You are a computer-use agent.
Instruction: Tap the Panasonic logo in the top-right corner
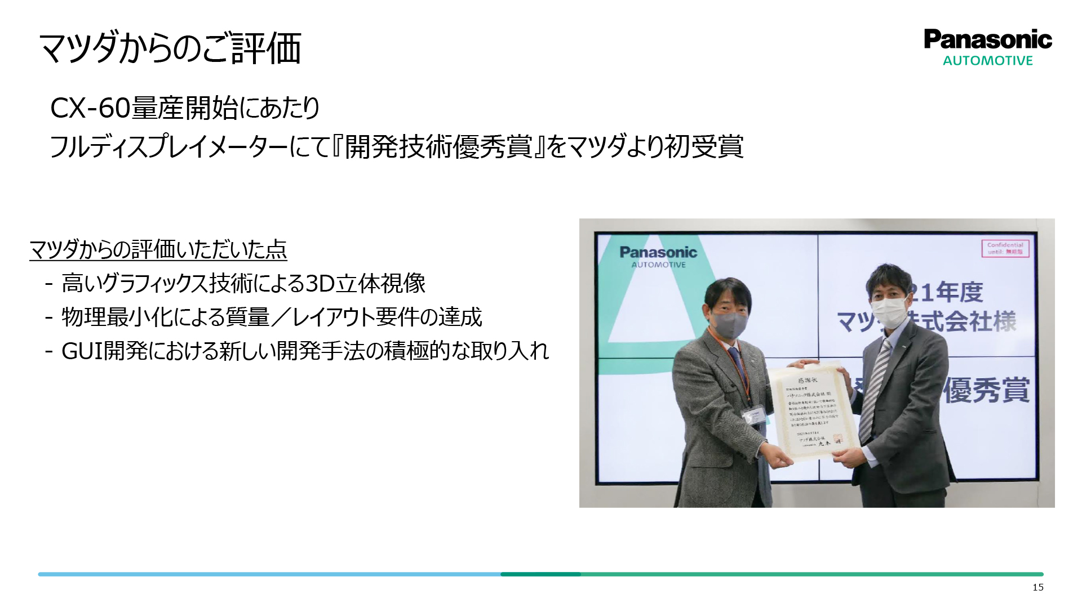pyautogui.click(x=988, y=39)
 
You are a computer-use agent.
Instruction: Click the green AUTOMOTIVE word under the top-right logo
pyautogui.click(x=988, y=61)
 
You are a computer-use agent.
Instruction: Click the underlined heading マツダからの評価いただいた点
pyautogui.click(x=158, y=249)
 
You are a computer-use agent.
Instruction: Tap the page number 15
pyautogui.click(x=1038, y=588)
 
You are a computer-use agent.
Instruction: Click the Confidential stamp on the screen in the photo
pyautogui.click(x=1006, y=248)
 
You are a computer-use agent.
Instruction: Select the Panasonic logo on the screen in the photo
pyautogui.click(x=658, y=256)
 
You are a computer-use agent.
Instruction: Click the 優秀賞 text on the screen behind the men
pyautogui.click(x=986, y=390)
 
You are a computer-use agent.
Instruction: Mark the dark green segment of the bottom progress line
pyautogui.click(x=540, y=574)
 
